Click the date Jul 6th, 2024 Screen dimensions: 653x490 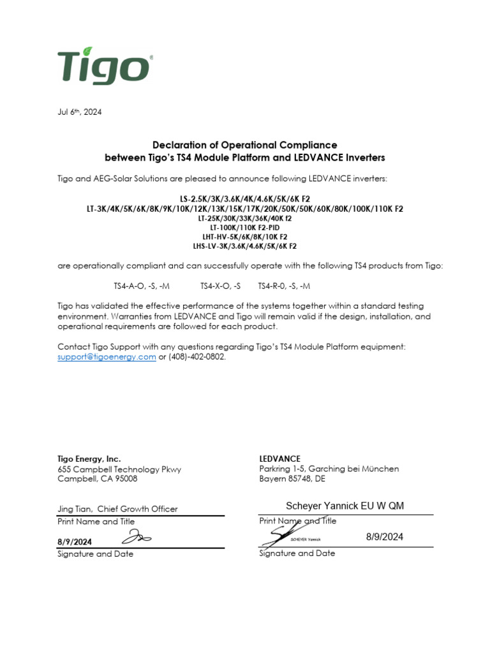[x=79, y=112]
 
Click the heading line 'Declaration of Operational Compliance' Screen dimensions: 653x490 [x=244, y=145]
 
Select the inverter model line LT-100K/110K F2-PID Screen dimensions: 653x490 [x=245, y=227]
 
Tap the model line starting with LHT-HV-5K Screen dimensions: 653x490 [x=245, y=236]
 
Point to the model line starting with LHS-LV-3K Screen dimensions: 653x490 [x=245, y=246]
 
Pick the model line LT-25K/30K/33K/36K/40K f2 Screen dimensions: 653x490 [x=245, y=218]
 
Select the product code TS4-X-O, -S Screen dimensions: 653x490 [x=220, y=286]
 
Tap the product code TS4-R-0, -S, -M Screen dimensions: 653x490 [x=284, y=286]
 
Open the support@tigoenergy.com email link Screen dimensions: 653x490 [x=107, y=357]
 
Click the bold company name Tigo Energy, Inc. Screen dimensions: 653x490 [x=89, y=459]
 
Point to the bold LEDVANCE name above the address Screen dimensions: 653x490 [x=279, y=459]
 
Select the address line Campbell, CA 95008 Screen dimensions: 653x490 [x=97, y=478]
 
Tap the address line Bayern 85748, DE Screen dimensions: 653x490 [x=292, y=478]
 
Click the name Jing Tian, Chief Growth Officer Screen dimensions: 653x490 [x=117, y=509]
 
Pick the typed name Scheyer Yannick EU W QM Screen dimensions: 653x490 [x=345, y=506]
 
